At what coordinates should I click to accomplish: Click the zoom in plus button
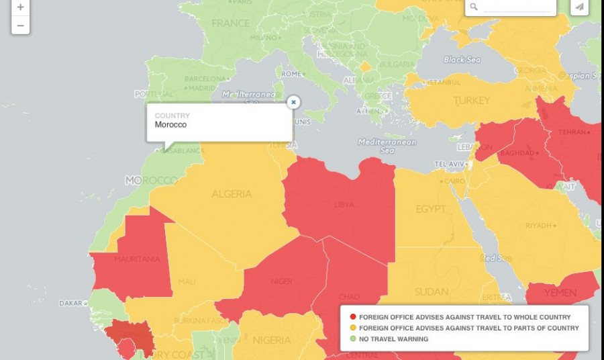[20, 7]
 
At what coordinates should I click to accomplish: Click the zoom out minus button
[20, 26]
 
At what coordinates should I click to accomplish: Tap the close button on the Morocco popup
[293, 102]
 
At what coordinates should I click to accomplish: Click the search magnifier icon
[474, 7]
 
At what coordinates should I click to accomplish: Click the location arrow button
[579, 7]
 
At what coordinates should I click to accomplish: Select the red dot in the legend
[353, 317]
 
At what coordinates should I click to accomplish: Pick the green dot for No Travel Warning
[353, 339]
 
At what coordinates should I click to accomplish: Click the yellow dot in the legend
[353, 328]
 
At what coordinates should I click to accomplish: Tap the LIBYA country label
[344, 204]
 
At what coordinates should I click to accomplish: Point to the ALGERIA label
[232, 194]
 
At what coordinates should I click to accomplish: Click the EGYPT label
[430, 210]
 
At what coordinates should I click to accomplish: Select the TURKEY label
[472, 101]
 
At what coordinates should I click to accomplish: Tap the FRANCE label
[230, 24]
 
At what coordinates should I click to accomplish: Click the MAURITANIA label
[137, 259]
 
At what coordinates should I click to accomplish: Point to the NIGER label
[281, 281]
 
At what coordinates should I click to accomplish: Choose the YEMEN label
[560, 294]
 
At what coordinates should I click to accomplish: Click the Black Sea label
[462, 60]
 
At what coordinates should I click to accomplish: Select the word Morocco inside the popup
[170, 125]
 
